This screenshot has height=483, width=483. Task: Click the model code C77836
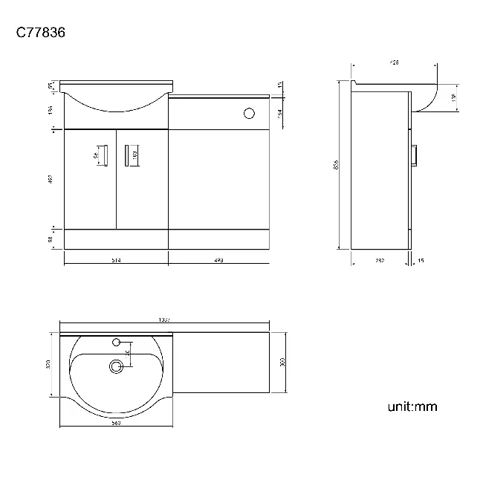pyautogui.click(x=42, y=33)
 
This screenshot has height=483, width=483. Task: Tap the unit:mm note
pyautogui.click(x=412, y=406)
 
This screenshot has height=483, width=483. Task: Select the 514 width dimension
pyautogui.click(x=117, y=260)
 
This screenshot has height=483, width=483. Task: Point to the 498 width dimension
pyautogui.click(x=218, y=260)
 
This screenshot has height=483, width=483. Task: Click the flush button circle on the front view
pyautogui.click(x=249, y=113)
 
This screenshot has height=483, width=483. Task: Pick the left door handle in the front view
pyautogui.click(x=104, y=155)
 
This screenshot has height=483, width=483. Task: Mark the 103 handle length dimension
pyautogui.click(x=134, y=155)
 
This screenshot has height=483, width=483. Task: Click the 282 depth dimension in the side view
pyautogui.click(x=379, y=260)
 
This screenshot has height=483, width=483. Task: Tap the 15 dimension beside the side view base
pyautogui.click(x=421, y=260)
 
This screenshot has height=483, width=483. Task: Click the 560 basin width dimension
pyautogui.click(x=116, y=423)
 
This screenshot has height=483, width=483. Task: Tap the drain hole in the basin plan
pyautogui.click(x=115, y=366)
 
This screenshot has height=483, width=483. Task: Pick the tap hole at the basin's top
pyautogui.click(x=115, y=343)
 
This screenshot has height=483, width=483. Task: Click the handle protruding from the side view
pyautogui.click(x=415, y=155)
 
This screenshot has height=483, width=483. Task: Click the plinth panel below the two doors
pyautogui.click(x=117, y=238)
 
